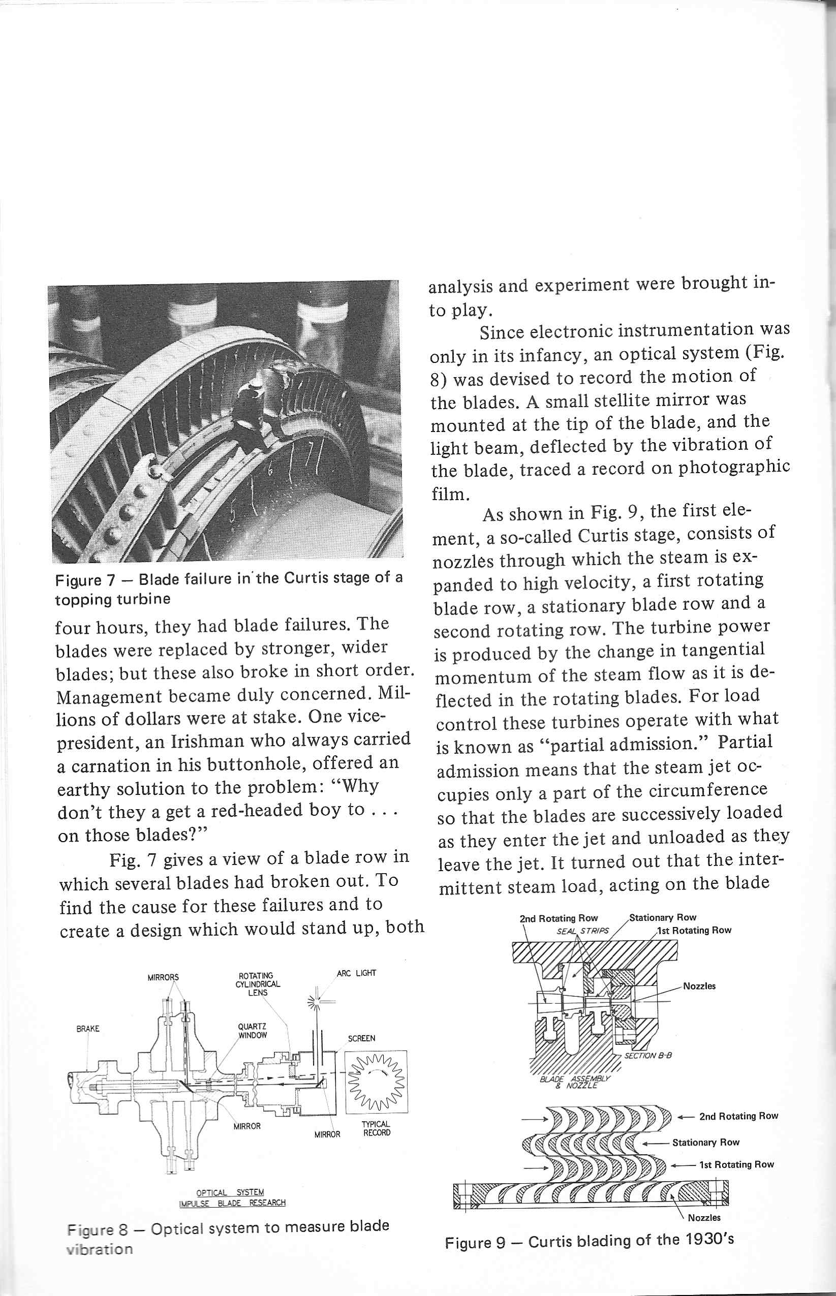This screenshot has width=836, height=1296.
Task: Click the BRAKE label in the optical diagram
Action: click(87, 1029)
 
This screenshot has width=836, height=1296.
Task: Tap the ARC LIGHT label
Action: click(356, 973)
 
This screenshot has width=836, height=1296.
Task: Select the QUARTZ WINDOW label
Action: click(253, 1031)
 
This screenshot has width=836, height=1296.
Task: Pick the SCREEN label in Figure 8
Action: click(361, 1038)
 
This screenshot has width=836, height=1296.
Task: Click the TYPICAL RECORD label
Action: click(376, 1129)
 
